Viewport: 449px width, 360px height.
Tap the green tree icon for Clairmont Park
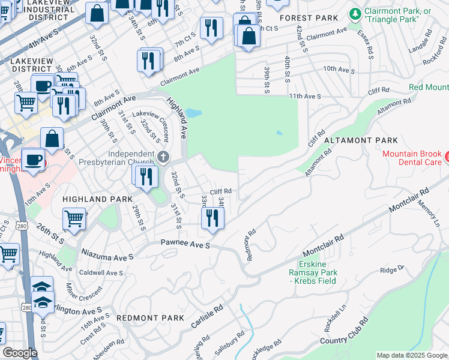coord(355,13)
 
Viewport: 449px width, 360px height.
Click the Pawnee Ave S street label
coord(185,245)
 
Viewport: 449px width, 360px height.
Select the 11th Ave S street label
coord(304,96)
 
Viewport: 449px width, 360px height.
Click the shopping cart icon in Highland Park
coord(74,219)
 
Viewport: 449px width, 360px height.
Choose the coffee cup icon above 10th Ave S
coord(32,160)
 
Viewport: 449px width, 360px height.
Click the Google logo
coord(20,353)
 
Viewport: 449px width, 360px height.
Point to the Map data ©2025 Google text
coord(411,355)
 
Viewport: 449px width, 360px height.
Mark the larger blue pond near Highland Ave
coord(193,113)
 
